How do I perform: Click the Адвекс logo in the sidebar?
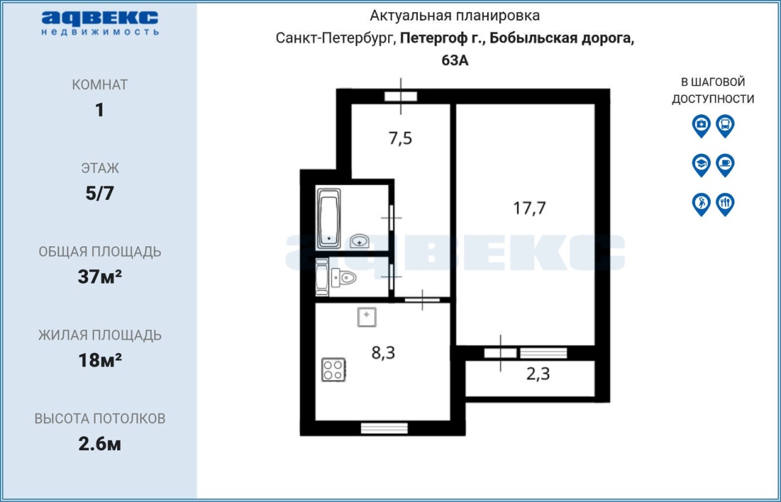(x=99, y=23)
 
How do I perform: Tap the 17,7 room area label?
(x=529, y=208)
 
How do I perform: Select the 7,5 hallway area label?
(x=400, y=138)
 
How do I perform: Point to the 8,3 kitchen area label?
(x=383, y=352)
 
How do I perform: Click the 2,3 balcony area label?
(x=538, y=374)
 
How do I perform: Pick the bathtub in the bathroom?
(x=328, y=218)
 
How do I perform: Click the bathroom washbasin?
(x=359, y=241)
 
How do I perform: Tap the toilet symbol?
(x=344, y=278)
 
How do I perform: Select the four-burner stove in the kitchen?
(x=333, y=369)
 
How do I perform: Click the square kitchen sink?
(x=367, y=317)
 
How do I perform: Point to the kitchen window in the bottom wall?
(x=384, y=428)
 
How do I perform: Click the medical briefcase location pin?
(x=701, y=126)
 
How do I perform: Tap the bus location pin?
(x=725, y=126)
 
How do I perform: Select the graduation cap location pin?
(x=701, y=166)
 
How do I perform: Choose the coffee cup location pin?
(x=725, y=166)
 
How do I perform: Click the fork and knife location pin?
(x=725, y=205)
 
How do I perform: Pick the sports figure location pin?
(x=701, y=205)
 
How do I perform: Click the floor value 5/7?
(x=99, y=194)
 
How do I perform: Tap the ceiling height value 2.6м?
(x=99, y=444)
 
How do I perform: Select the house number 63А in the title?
(x=455, y=60)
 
